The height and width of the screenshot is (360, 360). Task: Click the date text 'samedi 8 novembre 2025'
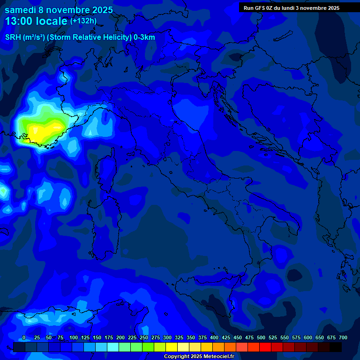tap(59, 10)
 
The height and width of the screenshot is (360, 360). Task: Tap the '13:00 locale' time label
tap(36, 21)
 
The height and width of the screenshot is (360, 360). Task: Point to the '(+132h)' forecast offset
tap(83, 21)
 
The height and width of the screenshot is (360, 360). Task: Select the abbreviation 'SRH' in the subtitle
tap(13, 37)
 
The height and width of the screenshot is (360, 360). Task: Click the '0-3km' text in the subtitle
tap(144, 37)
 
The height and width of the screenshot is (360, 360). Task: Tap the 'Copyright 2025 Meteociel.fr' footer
tap(199, 357)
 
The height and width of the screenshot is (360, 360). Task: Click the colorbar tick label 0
tap(23, 338)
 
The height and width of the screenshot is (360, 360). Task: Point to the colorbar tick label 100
tap(73, 338)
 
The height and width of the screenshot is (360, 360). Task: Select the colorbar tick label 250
tap(143, 338)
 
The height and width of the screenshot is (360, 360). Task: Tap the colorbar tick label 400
tap(214, 338)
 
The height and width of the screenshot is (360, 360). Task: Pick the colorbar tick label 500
tap(261, 338)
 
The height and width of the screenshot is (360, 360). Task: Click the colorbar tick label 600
tap(307, 338)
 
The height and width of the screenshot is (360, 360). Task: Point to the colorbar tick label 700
tap(343, 338)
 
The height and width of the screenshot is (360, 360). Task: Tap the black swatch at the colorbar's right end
tap(336, 347)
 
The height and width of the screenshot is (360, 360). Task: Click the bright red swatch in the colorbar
tap(265, 347)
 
